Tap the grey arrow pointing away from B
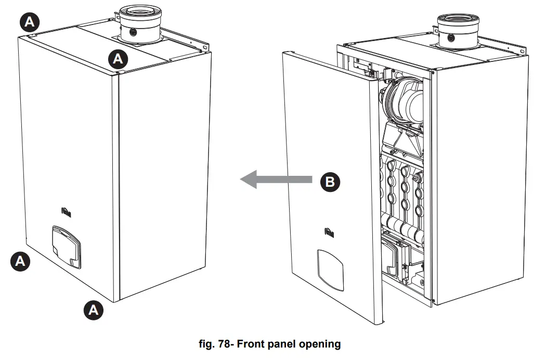coord(276,181)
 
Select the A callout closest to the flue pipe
coord(118,59)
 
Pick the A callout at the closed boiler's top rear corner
coord(29,21)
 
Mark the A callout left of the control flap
coord(20,261)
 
